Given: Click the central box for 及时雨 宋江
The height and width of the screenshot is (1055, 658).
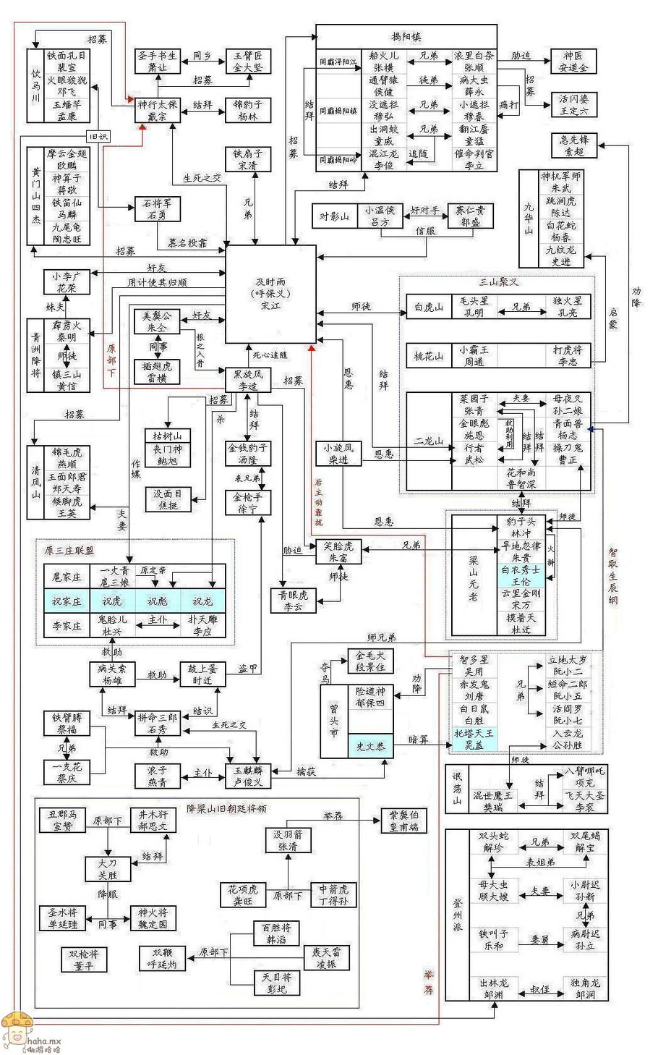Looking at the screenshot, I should tap(271, 294).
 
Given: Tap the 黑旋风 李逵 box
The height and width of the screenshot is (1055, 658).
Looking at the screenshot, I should tap(247, 380).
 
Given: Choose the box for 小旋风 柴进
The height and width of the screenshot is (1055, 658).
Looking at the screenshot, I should tap(338, 454).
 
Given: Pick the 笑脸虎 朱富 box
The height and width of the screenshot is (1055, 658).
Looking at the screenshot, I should tap(338, 553).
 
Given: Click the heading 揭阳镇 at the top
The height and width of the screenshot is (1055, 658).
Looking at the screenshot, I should tap(406, 36).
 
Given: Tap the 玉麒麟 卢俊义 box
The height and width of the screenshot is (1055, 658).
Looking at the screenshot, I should tap(248, 776).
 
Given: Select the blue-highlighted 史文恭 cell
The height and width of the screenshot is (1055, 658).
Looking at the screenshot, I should tap(370, 746).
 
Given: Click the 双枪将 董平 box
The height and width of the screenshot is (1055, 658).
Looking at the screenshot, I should tap(84, 959).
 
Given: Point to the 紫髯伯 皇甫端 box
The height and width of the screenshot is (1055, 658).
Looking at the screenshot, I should tap(403, 821).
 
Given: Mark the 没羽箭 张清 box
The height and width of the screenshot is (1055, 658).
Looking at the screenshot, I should tap(287, 840).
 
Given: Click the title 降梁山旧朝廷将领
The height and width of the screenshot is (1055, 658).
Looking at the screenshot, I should tap(226, 808).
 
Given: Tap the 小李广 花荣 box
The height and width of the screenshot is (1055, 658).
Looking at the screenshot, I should tap(67, 281).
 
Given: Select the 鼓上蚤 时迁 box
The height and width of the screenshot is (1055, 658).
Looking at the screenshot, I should tap(202, 674).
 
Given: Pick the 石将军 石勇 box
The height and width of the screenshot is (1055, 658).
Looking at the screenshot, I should tap(157, 209).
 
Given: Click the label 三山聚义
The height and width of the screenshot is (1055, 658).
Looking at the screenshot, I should tap(499, 282).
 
